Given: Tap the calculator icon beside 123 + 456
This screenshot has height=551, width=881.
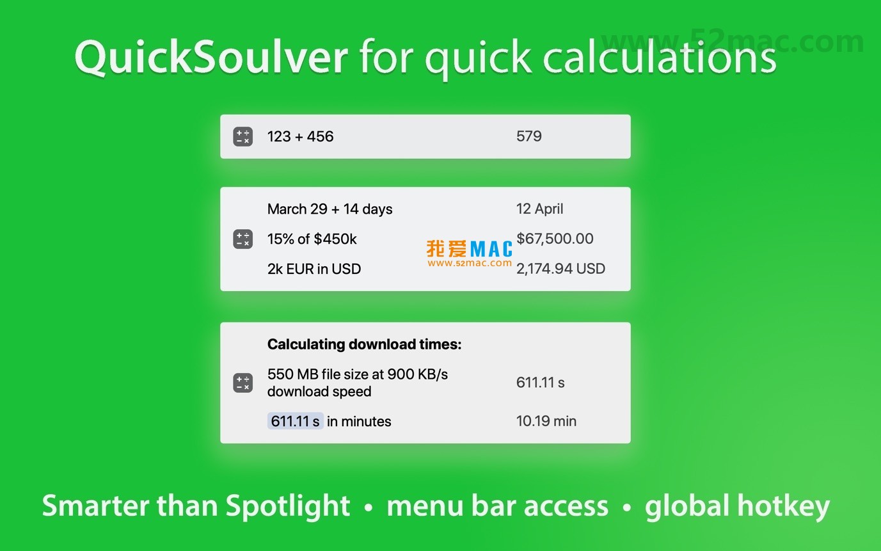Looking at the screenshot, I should [243, 136].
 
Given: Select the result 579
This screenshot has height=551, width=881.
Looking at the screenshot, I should [529, 136].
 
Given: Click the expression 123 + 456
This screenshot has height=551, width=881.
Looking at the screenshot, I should [301, 136].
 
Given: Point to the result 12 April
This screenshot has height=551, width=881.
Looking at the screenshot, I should [540, 209].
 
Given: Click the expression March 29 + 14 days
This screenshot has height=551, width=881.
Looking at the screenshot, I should [330, 209].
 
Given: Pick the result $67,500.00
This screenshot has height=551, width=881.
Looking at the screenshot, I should [555, 239].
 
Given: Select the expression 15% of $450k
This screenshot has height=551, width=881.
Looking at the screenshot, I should [312, 239].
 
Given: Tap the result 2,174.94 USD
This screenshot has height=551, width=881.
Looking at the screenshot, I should [560, 269].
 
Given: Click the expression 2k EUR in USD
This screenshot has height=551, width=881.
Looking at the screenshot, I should [314, 269].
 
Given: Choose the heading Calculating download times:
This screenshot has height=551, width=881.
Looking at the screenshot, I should [364, 344].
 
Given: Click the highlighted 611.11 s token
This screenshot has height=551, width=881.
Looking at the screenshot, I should [296, 421].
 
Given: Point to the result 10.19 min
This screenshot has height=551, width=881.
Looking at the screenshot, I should [546, 421].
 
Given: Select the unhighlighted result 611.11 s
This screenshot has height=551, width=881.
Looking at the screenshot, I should [541, 383].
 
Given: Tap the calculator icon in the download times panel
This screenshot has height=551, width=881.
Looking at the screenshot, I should [243, 383].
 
